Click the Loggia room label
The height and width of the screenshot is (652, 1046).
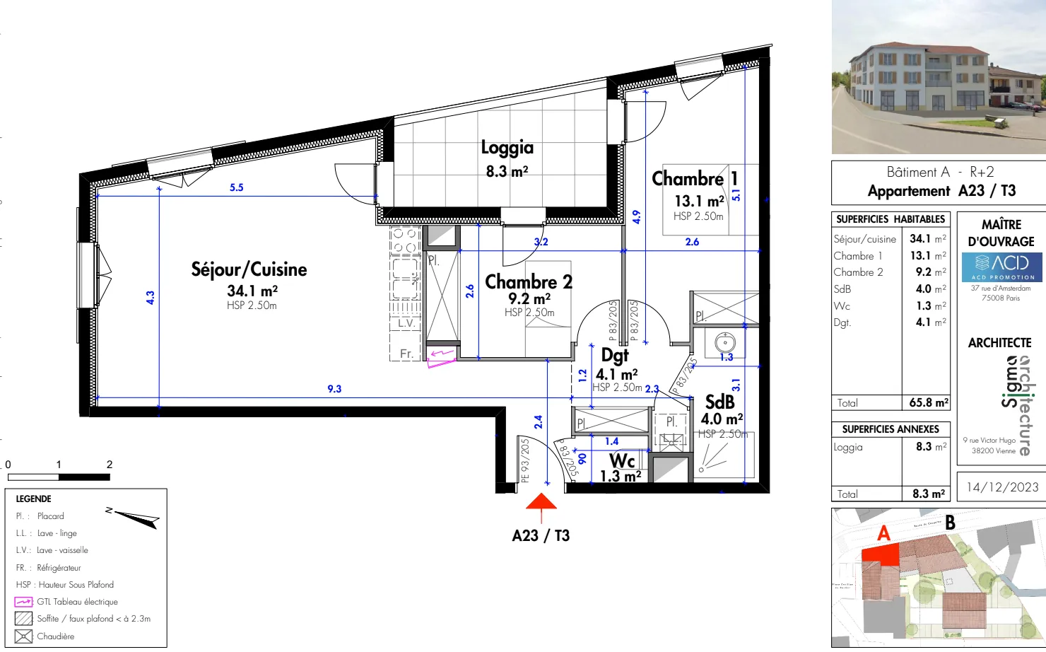tap(507, 147)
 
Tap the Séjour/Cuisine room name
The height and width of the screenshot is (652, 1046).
tap(249, 269)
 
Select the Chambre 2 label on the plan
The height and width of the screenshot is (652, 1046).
tap(528, 281)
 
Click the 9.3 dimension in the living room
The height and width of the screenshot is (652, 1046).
tap(334, 389)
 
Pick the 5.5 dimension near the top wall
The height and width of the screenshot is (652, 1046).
tap(236, 187)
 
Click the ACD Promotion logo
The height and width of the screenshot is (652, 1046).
tap(1001, 267)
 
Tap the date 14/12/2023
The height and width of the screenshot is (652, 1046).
tap(1002, 487)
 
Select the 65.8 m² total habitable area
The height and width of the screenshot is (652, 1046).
tap(928, 402)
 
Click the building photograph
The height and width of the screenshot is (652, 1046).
tap(939, 77)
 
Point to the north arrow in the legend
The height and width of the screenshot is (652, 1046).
tap(134, 518)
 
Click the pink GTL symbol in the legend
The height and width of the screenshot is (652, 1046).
tap(23, 602)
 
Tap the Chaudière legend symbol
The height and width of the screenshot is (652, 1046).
tap(23, 636)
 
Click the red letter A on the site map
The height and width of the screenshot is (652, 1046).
tap(883, 533)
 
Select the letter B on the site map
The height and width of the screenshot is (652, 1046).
tap(950, 523)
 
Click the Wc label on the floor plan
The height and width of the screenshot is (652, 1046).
tap(622, 461)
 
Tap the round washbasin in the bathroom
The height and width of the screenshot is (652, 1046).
tap(724, 343)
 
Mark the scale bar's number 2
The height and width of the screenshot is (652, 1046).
tap(110, 465)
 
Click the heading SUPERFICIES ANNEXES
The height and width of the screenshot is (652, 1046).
tap(891, 429)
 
